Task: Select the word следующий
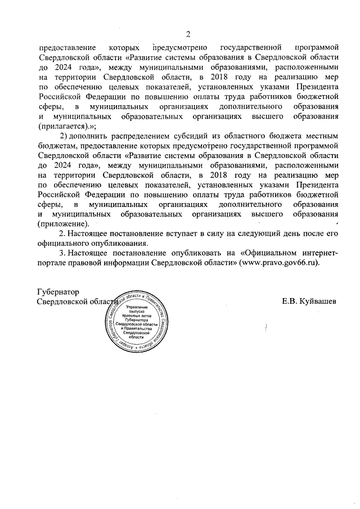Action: [264, 233]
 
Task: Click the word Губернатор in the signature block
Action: [58, 292]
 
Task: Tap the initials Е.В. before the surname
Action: [290, 301]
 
